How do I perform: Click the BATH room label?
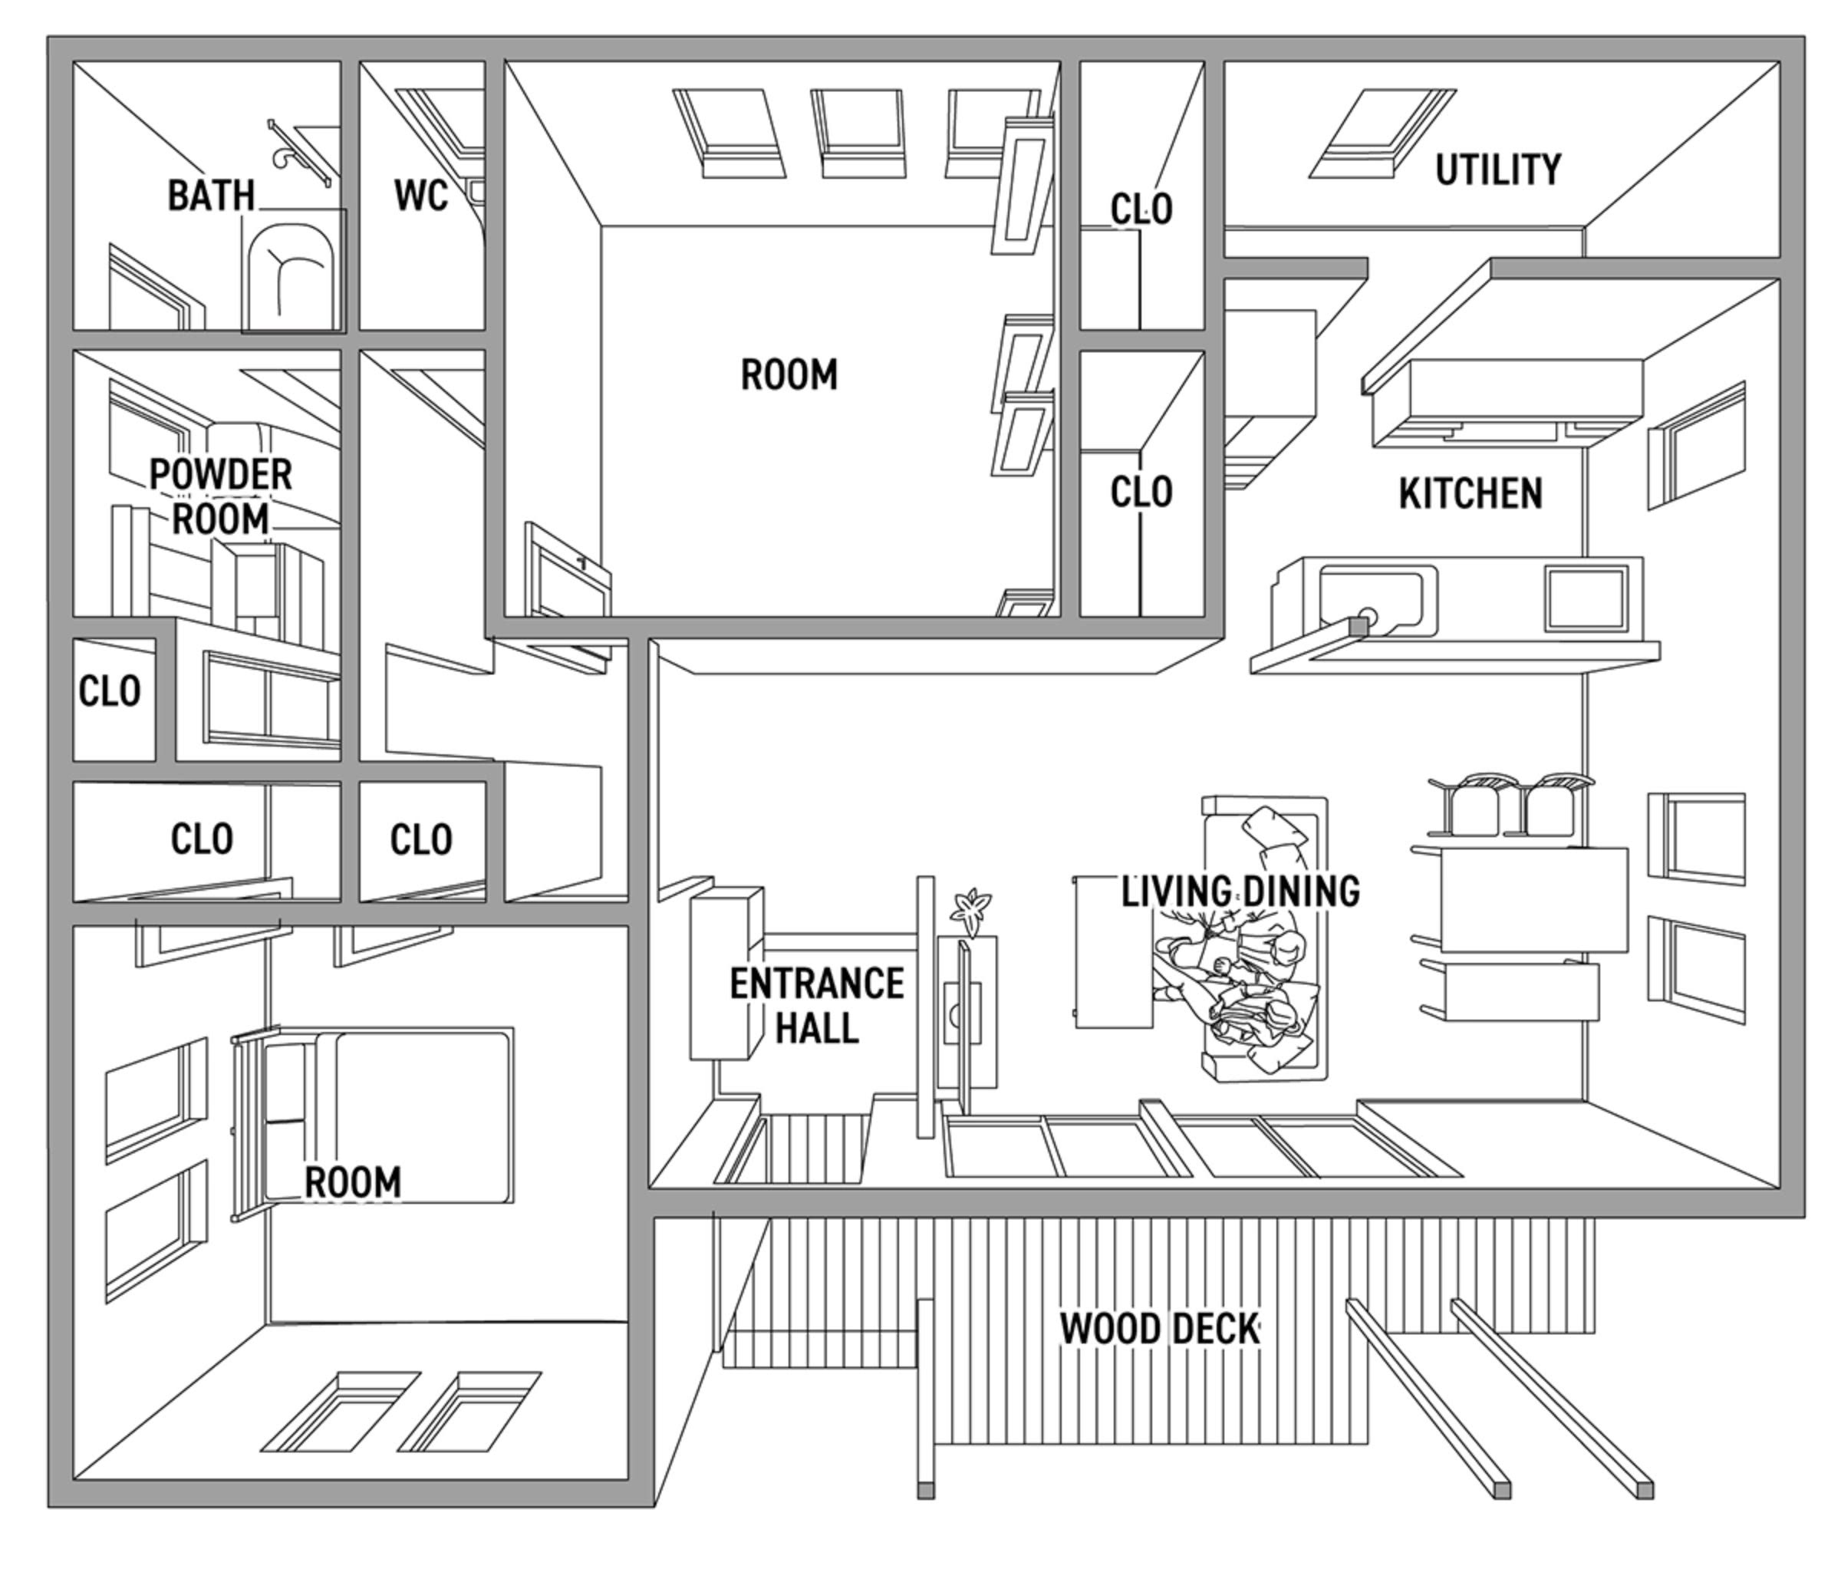(211, 196)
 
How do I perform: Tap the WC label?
(420, 196)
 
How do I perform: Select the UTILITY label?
(1498, 170)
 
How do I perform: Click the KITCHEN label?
(1470, 494)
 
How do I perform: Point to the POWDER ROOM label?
(220, 496)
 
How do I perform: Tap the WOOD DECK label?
(1160, 1329)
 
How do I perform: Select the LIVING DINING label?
(1240, 891)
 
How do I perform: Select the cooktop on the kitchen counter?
(1586, 598)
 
